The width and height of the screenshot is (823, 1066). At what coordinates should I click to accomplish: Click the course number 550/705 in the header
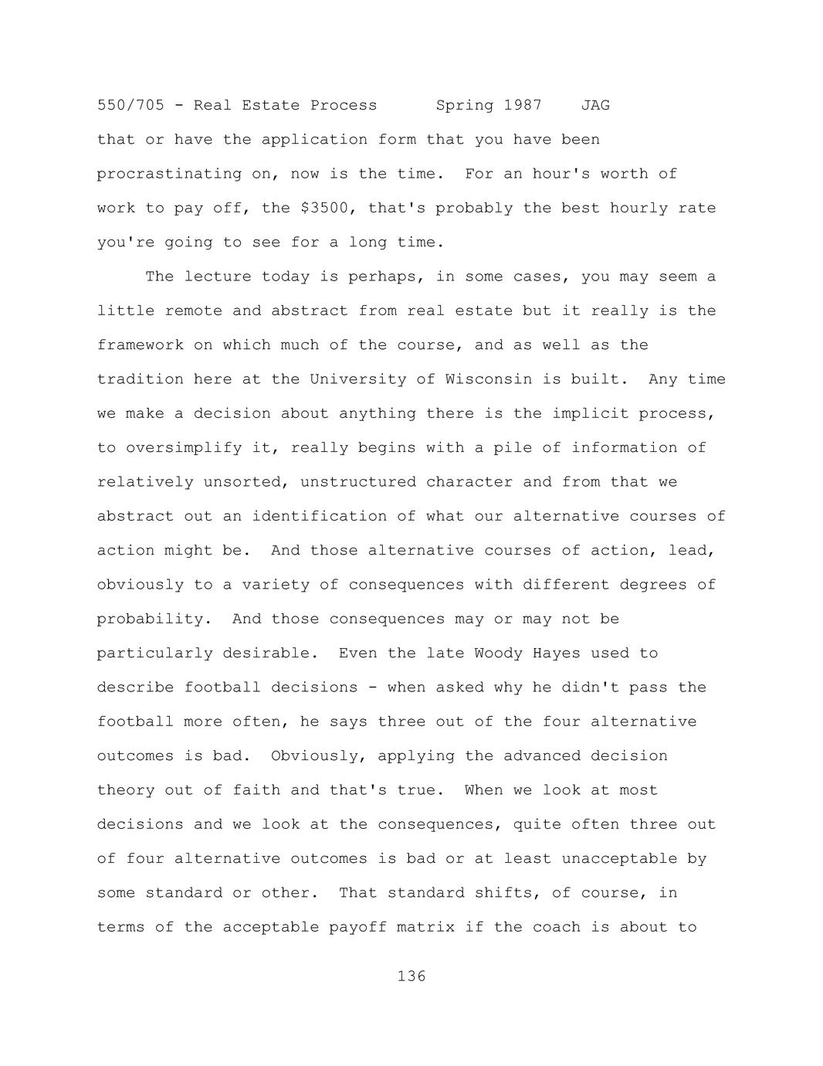[x=130, y=105]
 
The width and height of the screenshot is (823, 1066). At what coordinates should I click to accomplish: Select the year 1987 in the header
[x=523, y=105]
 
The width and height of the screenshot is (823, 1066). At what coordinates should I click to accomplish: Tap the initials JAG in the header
[x=595, y=105]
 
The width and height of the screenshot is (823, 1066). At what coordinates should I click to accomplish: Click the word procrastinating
[x=169, y=174]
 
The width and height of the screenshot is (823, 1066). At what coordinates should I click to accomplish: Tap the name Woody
[x=498, y=654]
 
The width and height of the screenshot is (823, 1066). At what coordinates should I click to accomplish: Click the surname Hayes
[x=556, y=654]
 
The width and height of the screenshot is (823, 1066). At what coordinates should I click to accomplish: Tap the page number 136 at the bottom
[x=411, y=976]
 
